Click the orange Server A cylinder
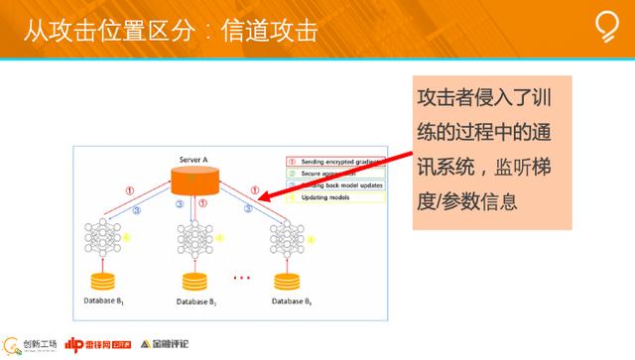[195, 181]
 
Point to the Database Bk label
[294, 299]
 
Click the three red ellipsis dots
[242, 277]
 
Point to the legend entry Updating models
[323, 197]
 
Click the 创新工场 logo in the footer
[27, 344]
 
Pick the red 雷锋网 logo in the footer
[93, 344]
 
